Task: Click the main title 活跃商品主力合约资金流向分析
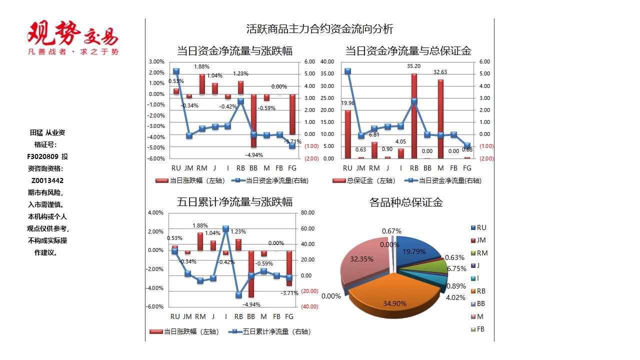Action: click(319, 28)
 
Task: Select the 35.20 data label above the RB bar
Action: click(413, 66)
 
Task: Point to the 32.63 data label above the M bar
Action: click(440, 72)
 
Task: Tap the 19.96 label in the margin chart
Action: click(348, 103)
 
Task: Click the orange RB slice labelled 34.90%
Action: click(395, 295)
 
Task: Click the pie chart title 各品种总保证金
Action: click(406, 202)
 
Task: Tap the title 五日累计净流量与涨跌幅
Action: click(234, 202)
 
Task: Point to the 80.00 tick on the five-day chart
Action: click(308, 213)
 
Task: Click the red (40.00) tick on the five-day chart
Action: click(309, 306)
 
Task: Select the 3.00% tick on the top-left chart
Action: click(156, 62)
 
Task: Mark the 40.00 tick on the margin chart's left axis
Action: click(327, 62)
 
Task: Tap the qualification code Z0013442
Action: click(47, 180)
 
